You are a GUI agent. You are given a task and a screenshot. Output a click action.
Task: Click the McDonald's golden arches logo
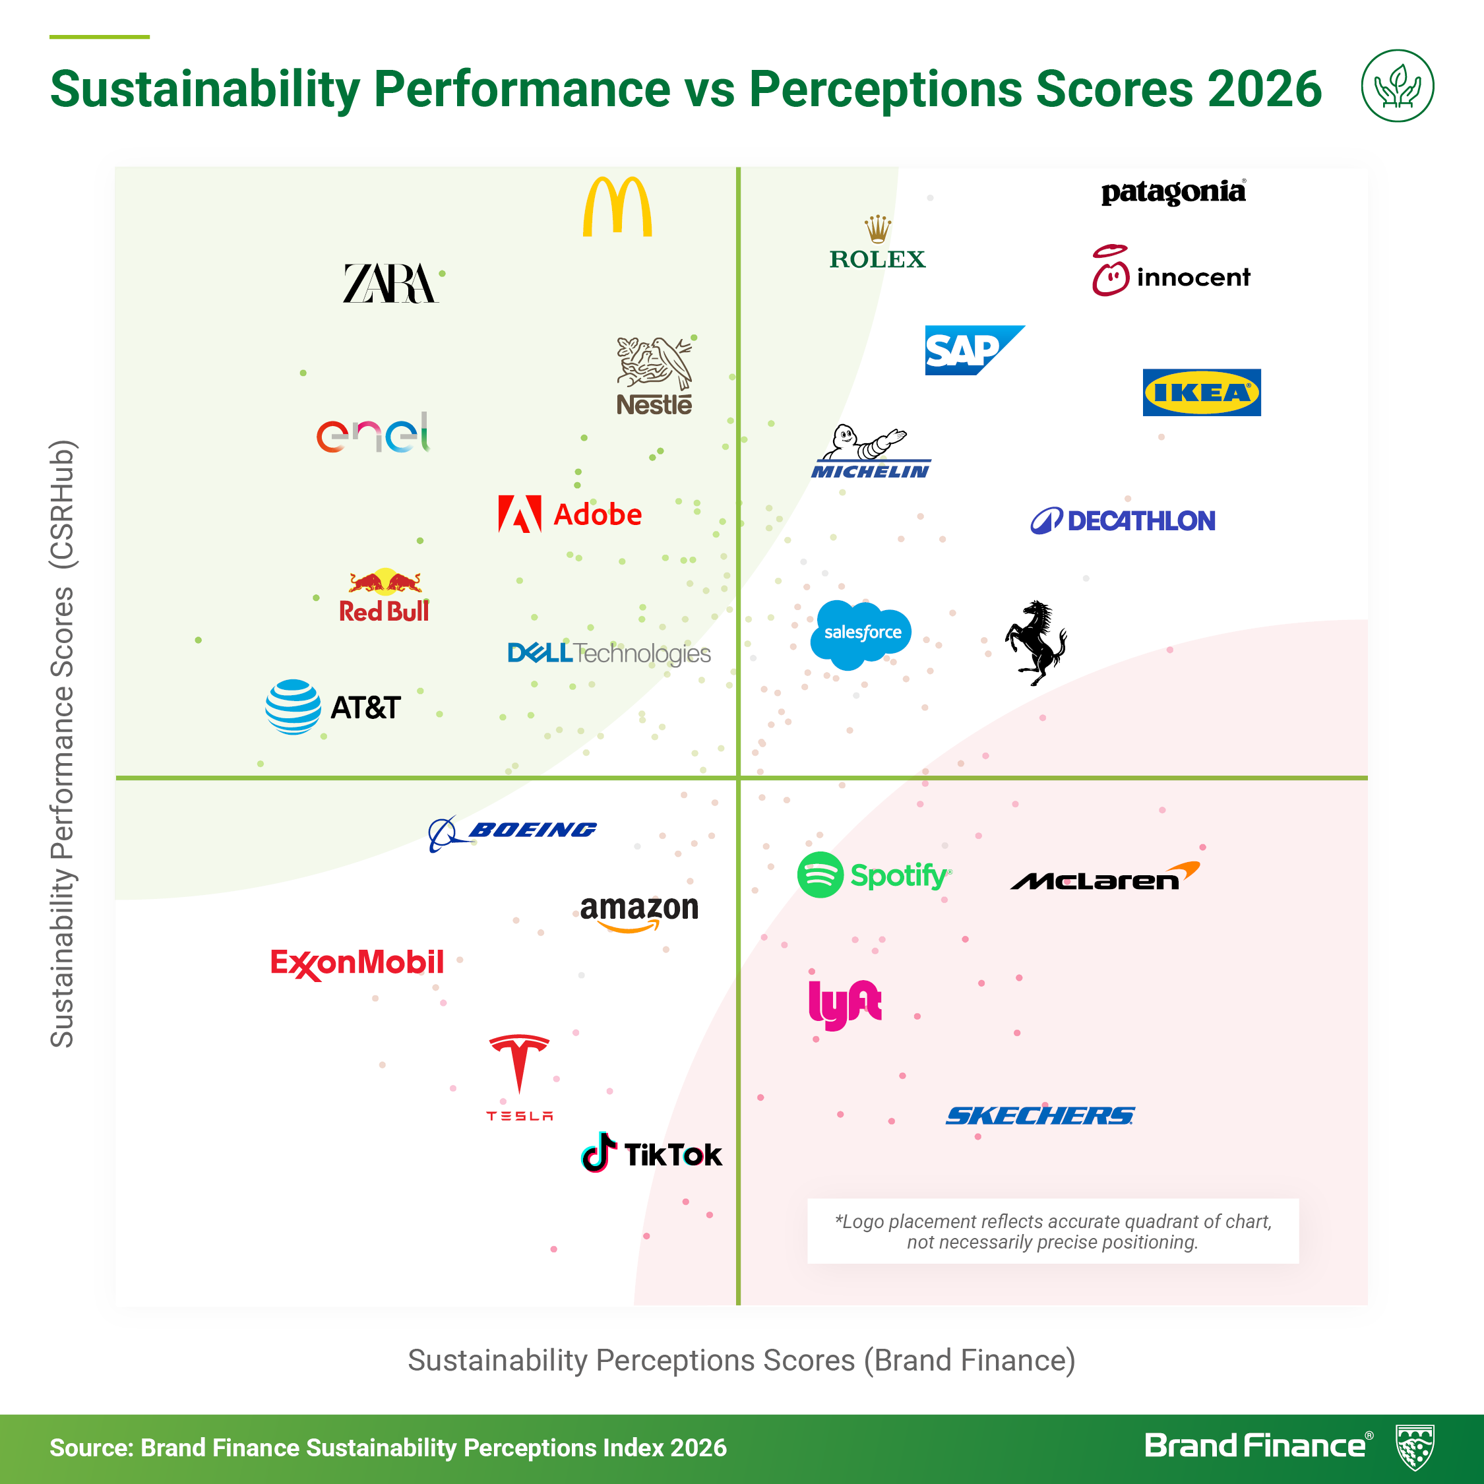pos(617,207)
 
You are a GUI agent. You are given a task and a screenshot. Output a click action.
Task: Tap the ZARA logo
pos(390,284)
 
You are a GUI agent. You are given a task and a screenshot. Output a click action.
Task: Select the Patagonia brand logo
pos(1173,192)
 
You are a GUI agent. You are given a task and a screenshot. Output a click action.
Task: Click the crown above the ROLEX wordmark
pos(877,229)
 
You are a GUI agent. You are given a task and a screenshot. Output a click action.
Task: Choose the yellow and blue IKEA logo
pos(1201,392)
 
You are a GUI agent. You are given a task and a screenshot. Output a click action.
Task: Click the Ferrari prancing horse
pos(1036,642)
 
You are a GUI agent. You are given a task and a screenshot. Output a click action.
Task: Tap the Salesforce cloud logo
pos(862,633)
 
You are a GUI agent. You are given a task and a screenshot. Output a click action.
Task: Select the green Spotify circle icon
pos(820,875)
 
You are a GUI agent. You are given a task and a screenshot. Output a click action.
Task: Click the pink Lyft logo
pos(845,1003)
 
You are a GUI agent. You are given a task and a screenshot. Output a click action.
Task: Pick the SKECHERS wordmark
pos(1040,1115)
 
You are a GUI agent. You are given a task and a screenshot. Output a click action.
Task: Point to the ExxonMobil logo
pos(357,963)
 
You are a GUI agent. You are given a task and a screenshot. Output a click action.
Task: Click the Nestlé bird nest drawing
pos(654,363)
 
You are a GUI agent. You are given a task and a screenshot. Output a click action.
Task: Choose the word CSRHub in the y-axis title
pos(62,504)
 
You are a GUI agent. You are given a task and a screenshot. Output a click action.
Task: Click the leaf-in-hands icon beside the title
pos(1397,86)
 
